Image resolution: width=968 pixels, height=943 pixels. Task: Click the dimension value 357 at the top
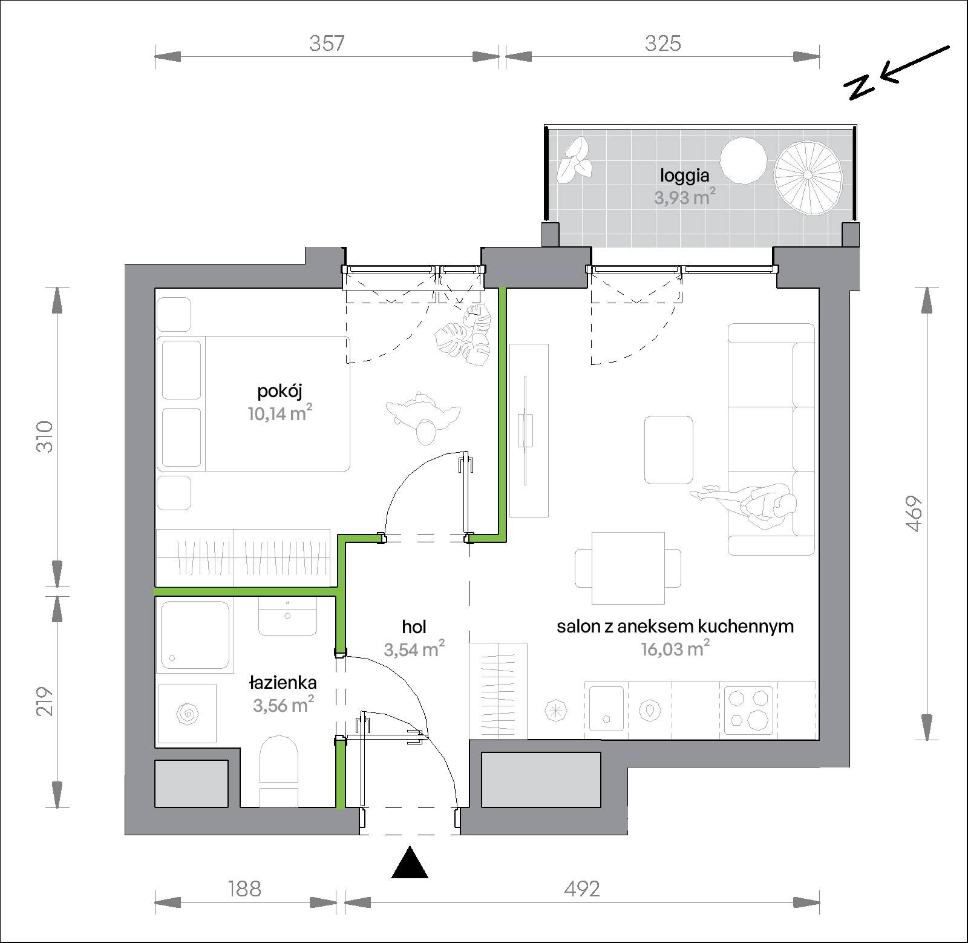pyautogui.click(x=327, y=43)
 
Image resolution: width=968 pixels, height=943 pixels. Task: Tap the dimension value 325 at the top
pyautogui.click(x=663, y=43)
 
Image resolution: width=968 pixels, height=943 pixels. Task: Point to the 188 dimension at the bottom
pyautogui.click(x=244, y=889)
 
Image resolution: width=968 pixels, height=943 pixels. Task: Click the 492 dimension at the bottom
pyautogui.click(x=581, y=889)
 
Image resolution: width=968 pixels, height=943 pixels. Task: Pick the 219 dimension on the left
pyautogui.click(x=45, y=701)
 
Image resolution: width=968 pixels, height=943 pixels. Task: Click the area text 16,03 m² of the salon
pyautogui.click(x=675, y=649)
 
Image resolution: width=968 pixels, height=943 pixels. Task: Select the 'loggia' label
pyautogui.click(x=685, y=176)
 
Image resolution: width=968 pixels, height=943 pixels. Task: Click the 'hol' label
pyautogui.click(x=414, y=626)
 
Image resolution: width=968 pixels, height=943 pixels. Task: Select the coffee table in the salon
pyautogui.click(x=669, y=450)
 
